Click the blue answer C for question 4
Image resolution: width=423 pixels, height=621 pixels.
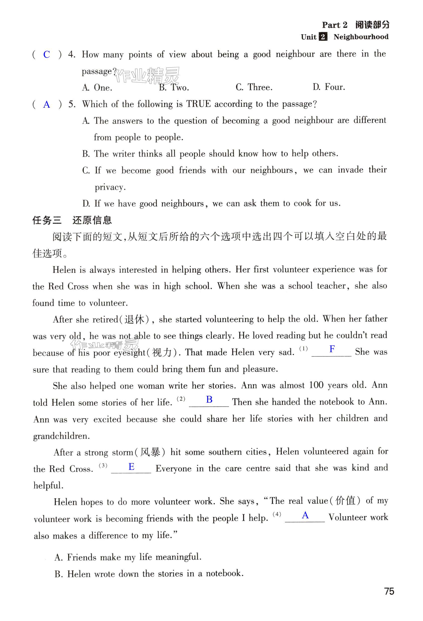point(46,55)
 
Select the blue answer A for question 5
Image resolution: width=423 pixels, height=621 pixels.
point(46,104)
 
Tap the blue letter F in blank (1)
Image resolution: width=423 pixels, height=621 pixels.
point(332,349)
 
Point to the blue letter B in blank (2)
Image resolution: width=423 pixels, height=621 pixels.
point(209,399)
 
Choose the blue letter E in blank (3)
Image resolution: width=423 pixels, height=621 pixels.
point(131,467)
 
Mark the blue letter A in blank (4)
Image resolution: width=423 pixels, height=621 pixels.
point(305,515)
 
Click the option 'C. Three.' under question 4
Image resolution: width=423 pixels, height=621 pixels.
point(254,87)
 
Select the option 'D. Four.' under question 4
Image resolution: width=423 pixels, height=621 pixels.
point(329,87)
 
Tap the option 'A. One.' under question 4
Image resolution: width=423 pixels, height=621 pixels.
point(97,88)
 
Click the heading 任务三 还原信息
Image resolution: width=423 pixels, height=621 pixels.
point(72,220)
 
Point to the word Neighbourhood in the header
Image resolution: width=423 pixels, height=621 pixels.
point(361,37)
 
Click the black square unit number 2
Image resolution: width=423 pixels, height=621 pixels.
point(323,37)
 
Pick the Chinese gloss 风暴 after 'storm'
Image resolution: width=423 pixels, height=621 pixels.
point(150,452)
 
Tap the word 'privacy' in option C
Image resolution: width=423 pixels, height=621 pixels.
point(110,187)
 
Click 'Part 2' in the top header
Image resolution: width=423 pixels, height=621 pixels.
point(335,25)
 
